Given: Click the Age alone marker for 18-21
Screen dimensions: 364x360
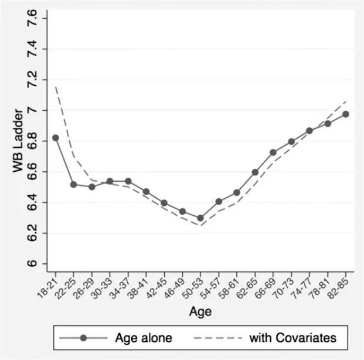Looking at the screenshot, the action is coord(56,138).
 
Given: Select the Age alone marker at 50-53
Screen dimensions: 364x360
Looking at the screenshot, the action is coord(200,218).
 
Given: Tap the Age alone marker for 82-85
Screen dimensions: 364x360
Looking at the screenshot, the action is coord(346,114).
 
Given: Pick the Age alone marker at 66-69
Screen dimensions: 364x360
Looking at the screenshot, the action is coord(273,152).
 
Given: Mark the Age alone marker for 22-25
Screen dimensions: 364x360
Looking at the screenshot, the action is coord(73,185).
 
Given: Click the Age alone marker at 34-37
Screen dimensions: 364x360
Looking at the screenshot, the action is coord(128,181).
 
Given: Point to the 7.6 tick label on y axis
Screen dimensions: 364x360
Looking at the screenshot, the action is coord(32,18).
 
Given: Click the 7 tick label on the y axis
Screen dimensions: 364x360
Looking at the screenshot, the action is coord(32,110).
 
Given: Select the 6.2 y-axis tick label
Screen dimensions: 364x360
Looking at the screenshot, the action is coord(32,233).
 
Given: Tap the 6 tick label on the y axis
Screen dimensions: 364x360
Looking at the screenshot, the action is coord(32,264).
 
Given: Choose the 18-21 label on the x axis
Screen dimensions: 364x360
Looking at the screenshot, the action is coord(47,288).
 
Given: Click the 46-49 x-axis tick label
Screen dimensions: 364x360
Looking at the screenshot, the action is coord(174,288).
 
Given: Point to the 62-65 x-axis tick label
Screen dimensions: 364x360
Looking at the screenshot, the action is coord(247,288).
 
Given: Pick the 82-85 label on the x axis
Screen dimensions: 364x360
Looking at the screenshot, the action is coord(338,288).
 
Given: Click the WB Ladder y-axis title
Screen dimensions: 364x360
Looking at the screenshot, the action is coord(18,141).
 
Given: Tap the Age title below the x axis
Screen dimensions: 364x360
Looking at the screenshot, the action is coord(200,312).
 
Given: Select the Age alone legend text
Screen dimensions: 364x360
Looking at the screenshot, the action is coord(144,338).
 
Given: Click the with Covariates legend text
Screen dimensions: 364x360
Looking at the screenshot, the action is coord(292,338).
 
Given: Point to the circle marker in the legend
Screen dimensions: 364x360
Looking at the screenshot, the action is coord(83,338).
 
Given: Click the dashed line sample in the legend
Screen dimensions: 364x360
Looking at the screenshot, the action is coord(217,338).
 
